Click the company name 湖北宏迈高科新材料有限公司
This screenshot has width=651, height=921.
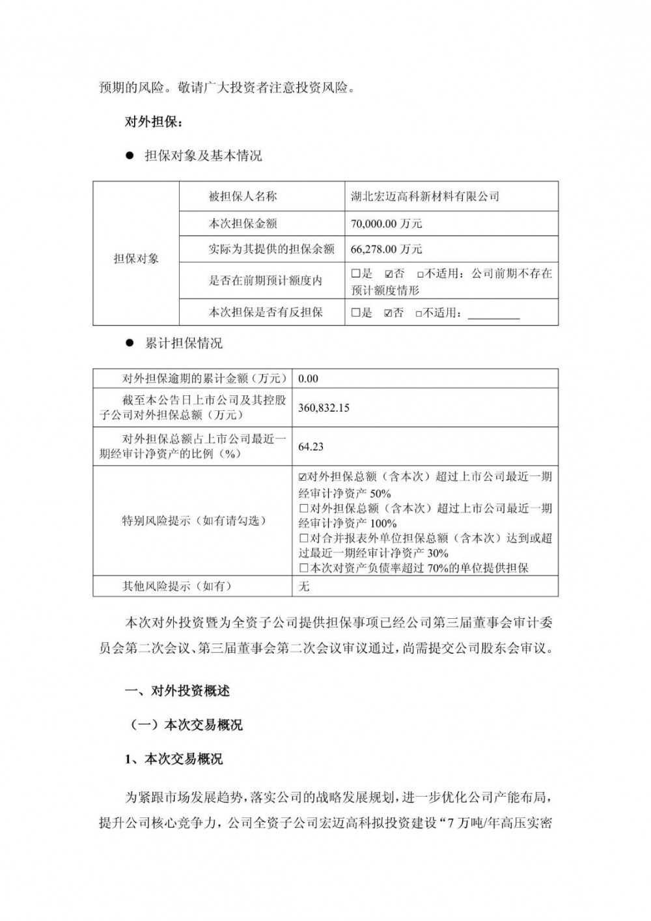(425, 196)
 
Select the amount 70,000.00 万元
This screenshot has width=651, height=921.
(387, 223)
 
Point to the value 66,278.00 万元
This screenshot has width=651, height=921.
(387, 249)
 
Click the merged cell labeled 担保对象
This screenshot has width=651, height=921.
(136, 259)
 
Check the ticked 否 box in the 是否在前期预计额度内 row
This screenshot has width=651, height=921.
(389, 274)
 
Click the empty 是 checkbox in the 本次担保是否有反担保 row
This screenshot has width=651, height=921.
(356, 313)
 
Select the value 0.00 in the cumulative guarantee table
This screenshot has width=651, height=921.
(308, 378)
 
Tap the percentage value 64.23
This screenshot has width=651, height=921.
(311, 447)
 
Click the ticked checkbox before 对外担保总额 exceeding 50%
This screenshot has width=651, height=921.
(303, 477)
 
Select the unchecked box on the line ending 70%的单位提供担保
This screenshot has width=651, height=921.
(303, 568)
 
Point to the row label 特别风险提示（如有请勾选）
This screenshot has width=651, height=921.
(193, 521)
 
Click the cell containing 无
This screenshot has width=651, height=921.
(304, 586)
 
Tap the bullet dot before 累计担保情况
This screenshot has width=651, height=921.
(129, 343)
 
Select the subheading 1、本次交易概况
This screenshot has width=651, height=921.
(173, 759)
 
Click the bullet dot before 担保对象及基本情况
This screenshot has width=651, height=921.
(129, 156)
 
